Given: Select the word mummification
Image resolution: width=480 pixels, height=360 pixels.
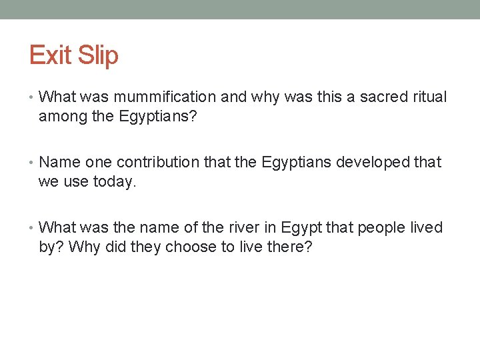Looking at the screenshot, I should click(165, 97).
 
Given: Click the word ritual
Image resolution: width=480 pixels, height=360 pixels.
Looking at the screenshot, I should click(430, 97).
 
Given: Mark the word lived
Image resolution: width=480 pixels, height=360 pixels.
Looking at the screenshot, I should click(427, 228).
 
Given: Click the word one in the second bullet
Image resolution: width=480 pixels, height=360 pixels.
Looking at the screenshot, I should click(99, 163).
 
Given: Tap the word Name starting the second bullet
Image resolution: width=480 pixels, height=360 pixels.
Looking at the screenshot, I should click(60, 163).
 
